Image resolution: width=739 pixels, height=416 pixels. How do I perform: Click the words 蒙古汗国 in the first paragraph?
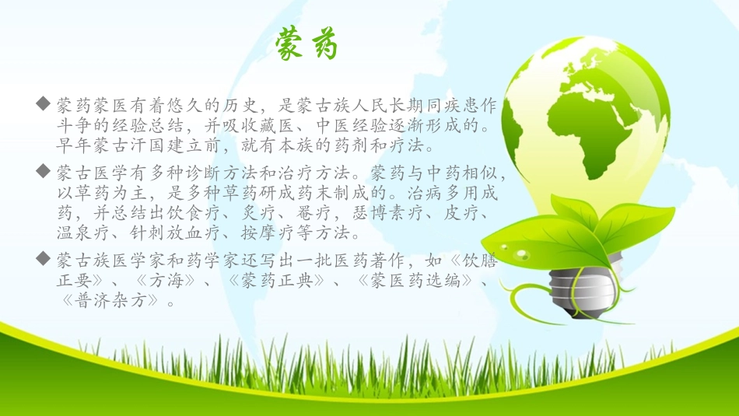click(147, 145)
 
